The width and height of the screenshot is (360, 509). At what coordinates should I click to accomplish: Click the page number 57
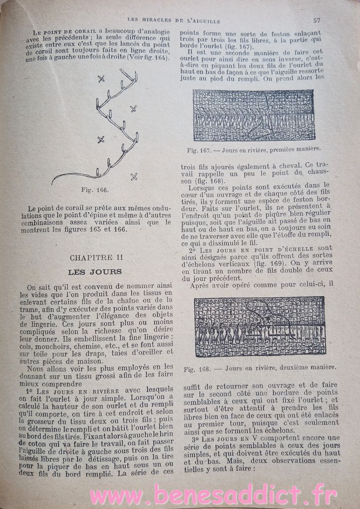[x=316, y=20]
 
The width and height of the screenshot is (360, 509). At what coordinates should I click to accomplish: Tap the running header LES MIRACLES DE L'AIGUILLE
[x=174, y=20]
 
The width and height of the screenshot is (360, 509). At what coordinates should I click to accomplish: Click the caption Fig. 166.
[x=95, y=190]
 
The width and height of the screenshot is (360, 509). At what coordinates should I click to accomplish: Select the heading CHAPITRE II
[x=93, y=257]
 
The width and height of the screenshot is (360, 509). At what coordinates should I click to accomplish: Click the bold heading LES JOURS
[x=94, y=272]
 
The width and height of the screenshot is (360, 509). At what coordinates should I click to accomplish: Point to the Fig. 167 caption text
[x=254, y=149]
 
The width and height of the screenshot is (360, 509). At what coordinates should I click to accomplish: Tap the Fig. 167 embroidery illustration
[x=254, y=115]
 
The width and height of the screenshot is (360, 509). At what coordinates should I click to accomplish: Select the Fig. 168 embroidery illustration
[x=260, y=326]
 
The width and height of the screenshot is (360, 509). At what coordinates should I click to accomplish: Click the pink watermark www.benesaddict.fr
[x=214, y=495]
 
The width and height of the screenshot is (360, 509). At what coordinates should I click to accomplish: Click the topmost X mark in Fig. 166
[x=101, y=78]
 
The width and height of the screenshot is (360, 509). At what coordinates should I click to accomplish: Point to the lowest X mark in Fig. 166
[x=133, y=176]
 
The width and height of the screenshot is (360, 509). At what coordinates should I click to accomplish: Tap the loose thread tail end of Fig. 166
[x=53, y=183]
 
